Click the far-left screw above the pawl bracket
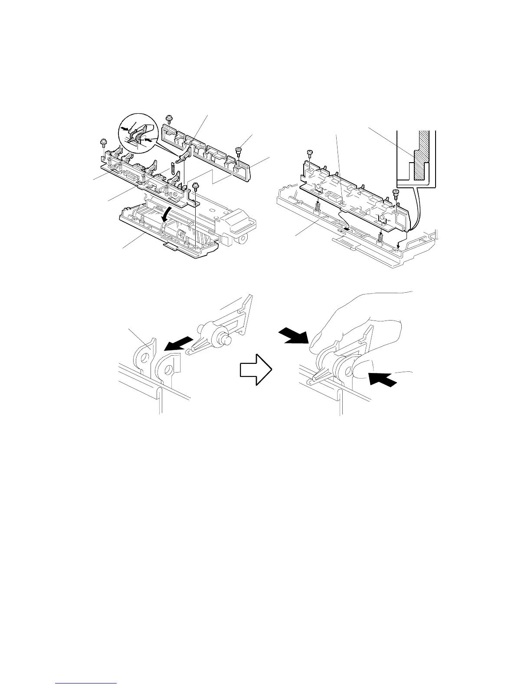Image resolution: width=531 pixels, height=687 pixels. (x=103, y=142)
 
